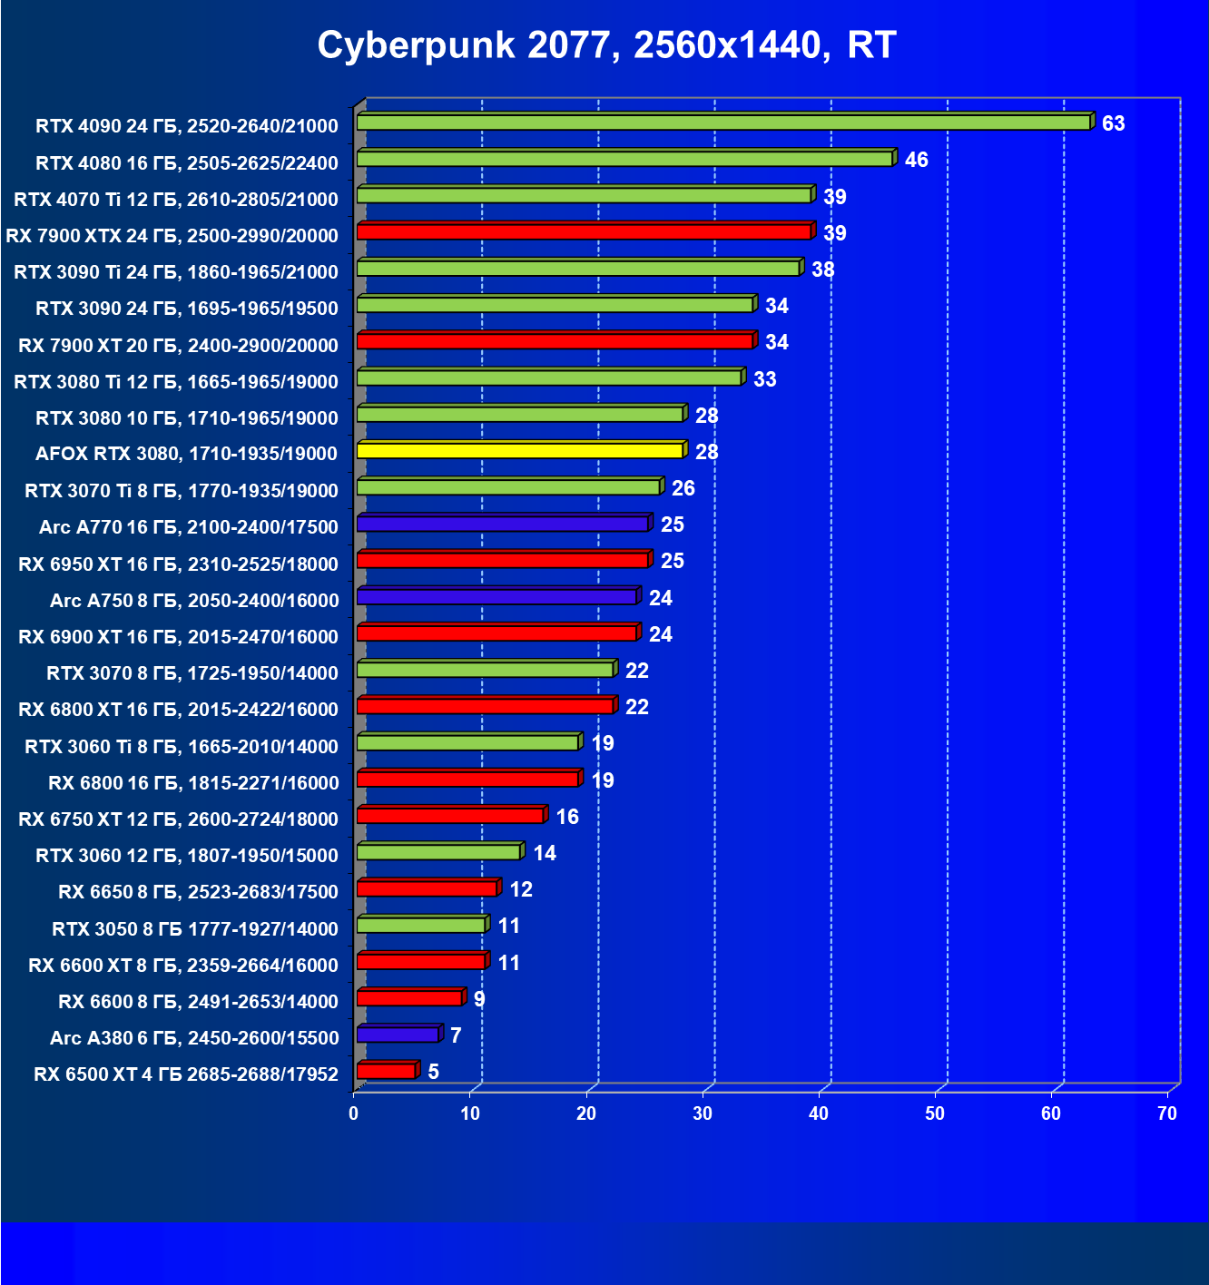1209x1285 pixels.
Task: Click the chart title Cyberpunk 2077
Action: [606, 44]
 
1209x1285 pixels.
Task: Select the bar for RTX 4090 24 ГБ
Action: [723, 123]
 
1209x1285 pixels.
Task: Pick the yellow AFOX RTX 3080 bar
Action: [520, 450]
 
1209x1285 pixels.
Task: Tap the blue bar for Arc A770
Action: [503, 524]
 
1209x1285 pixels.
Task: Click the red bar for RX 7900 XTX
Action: [584, 231]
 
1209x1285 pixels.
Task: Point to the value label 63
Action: [1113, 123]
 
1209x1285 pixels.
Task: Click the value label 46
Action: [916, 160]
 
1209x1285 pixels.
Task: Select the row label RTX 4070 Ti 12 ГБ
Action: [176, 199]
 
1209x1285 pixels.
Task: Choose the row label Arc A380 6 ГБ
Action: [194, 1037]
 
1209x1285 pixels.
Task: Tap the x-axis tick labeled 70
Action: [1167, 1113]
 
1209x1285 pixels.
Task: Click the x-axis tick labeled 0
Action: [354, 1113]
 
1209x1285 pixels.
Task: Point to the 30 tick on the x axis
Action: [703, 1113]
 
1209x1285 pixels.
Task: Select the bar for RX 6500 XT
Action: [387, 1071]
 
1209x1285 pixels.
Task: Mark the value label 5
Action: [434, 1072]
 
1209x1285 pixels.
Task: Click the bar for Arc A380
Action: [398, 1035]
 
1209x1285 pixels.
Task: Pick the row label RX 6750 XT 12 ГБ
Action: [178, 819]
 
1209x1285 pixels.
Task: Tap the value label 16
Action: [567, 817]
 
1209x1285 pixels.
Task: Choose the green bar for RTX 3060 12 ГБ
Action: [438, 851]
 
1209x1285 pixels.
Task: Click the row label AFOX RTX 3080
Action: [186, 453]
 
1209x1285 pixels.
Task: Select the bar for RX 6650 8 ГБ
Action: [427, 888]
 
